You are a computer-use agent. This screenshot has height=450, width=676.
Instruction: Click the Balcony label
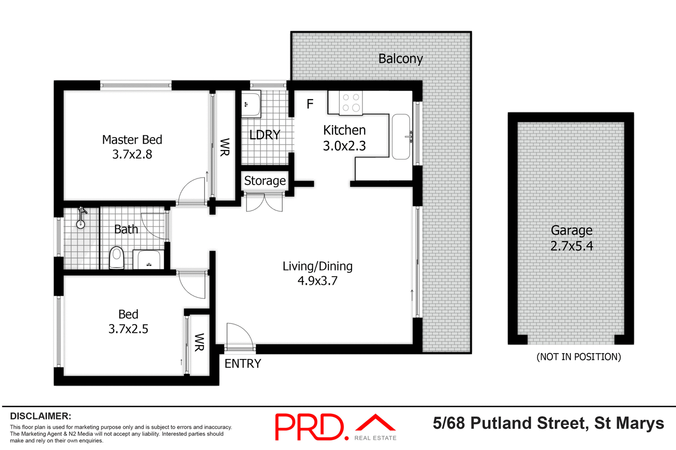[400, 59]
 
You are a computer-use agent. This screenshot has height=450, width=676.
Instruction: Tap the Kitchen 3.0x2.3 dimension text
[344, 146]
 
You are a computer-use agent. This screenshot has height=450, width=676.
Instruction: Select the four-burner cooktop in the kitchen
[351, 103]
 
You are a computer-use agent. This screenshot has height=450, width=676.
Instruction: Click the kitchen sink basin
[401, 136]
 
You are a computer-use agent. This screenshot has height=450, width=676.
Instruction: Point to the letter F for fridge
[310, 104]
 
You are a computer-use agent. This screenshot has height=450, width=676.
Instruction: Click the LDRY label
[264, 135]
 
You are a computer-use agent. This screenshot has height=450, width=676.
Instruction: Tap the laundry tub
[251, 104]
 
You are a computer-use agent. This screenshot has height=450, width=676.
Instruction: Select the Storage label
[265, 181]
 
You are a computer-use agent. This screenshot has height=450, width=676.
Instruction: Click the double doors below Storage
[264, 202]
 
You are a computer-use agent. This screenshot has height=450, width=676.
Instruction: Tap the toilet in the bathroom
[117, 258]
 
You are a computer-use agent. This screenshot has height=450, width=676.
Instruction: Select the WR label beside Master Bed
[225, 147]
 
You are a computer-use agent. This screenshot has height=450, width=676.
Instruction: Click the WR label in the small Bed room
[199, 342]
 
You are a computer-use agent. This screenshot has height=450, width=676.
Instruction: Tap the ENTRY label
[243, 364]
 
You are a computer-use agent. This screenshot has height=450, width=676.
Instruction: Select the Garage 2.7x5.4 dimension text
[571, 246]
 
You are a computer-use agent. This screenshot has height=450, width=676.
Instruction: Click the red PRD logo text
[309, 427]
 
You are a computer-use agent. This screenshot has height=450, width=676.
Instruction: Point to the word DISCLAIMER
[40, 416]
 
